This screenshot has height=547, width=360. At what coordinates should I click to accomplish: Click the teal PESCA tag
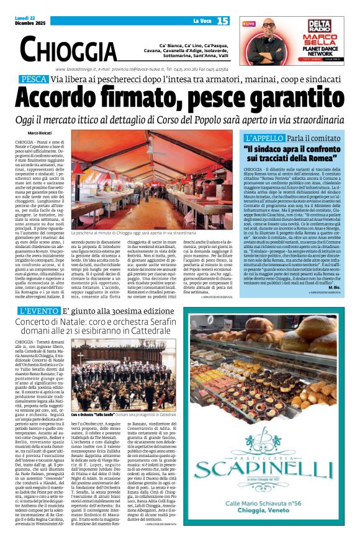click(34, 80)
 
